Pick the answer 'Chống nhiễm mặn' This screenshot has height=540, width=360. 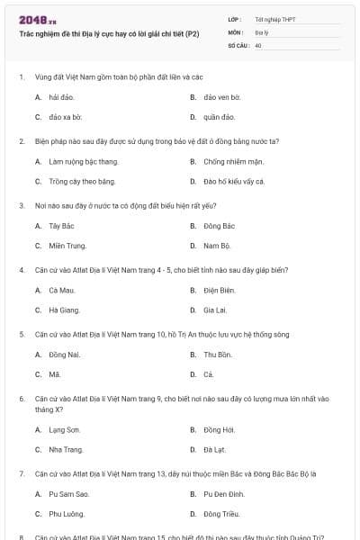coord(232,161)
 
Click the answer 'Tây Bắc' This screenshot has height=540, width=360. coord(62,226)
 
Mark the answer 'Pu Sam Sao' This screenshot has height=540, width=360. coord(69,494)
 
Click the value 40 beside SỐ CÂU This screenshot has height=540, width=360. coord(258,44)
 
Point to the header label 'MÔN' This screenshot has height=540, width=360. coord(236,31)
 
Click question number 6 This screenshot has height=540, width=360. coord(22,397)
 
